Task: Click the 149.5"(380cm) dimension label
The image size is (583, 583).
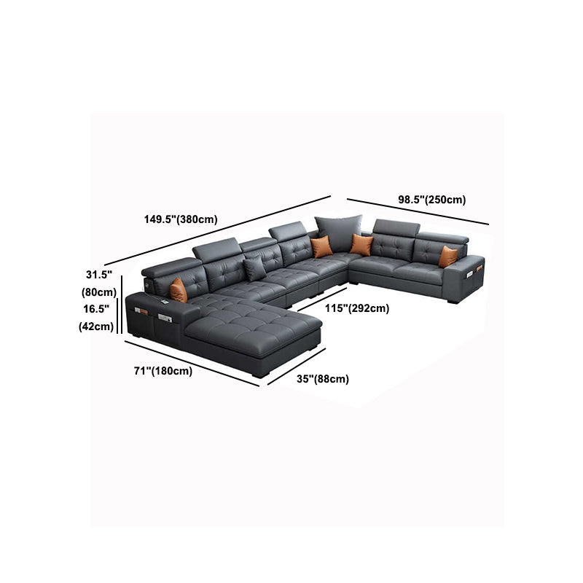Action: (x=181, y=219)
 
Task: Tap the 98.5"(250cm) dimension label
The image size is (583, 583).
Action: (x=431, y=200)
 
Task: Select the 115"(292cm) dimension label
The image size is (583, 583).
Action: (x=357, y=308)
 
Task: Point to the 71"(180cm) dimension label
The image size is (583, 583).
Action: (x=163, y=371)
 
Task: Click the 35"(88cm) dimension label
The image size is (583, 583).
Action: (x=323, y=379)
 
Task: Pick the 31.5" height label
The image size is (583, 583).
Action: (x=99, y=275)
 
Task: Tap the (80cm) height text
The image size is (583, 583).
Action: (x=99, y=292)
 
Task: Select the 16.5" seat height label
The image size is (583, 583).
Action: (x=96, y=309)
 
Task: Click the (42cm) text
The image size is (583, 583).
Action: (x=96, y=326)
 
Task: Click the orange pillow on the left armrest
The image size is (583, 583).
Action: (x=179, y=290)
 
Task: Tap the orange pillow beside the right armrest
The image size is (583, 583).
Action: (x=447, y=257)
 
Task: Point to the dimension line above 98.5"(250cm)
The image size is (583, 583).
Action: (x=418, y=211)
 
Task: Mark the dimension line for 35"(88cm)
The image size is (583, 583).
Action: (x=297, y=367)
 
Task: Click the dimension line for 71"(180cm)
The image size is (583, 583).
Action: (x=192, y=364)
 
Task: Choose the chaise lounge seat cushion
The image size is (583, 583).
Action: (x=253, y=327)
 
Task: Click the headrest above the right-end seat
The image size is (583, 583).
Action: (x=442, y=238)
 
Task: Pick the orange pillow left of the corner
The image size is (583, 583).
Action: (x=321, y=246)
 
